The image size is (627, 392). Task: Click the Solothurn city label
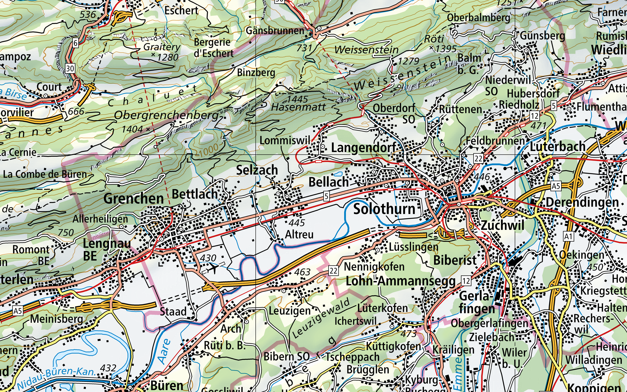click(384, 209)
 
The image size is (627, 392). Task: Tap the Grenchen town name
click(134, 199)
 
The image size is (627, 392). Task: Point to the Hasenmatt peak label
click(298, 107)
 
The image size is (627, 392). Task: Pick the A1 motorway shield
click(568, 236)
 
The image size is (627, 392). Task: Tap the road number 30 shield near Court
click(70, 68)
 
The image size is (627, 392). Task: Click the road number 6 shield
click(75, 43)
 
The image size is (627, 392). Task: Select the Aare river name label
click(164, 351)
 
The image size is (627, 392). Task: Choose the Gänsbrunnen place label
click(275, 31)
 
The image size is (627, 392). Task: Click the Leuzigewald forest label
click(321, 319)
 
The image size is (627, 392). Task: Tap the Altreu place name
click(299, 235)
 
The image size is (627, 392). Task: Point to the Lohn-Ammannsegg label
click(401, 281)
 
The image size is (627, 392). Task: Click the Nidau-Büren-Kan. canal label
click(56, 376)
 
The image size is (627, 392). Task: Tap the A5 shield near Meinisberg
click(18, 311)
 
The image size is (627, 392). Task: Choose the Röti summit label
click(434, 39)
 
